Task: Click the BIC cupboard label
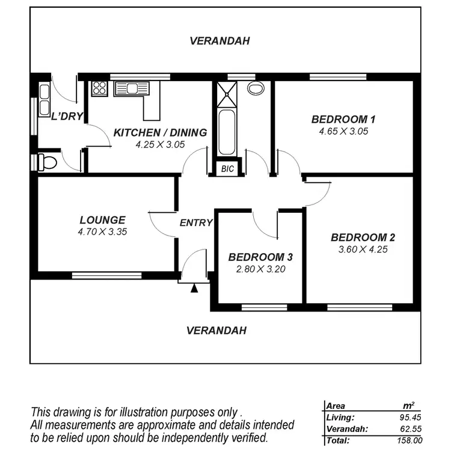[227, 169]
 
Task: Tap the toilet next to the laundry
[46, 161]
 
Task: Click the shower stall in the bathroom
[227, 90]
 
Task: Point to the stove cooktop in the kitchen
[99, 89]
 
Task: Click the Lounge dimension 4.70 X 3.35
[102, 231]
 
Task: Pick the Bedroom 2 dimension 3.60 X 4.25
[363, 248]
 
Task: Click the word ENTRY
[196, 222]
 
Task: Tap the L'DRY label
[66, 117]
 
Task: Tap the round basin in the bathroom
[256, 88]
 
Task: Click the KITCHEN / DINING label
[160, 132]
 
